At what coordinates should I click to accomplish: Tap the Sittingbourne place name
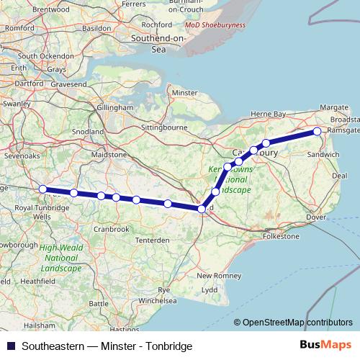[165, 127]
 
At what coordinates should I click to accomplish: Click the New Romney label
[215, 276]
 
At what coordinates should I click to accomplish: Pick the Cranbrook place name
[111, 229]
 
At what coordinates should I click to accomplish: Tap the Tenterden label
[153, 240]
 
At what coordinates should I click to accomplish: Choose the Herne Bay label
[268, 114]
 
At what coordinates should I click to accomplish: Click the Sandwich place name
[318, 154]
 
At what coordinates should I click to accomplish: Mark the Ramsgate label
[341, 130]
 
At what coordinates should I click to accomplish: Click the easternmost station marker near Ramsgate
[317, 132]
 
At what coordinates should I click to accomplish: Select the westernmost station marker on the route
[42, 189]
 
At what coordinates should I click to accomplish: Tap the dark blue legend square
[10, 346]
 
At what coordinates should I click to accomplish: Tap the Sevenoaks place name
[22, 155]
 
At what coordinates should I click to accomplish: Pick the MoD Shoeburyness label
[214, 24]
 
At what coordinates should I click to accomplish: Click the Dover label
[315, 217]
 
